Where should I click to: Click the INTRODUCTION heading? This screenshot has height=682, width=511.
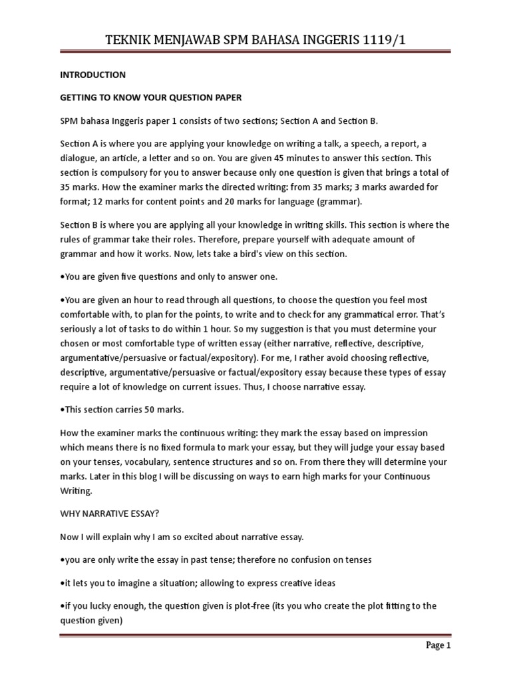click(92, 75)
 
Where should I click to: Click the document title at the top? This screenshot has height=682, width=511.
click(255, 41)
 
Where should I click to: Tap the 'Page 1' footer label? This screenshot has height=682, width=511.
click(437, 645)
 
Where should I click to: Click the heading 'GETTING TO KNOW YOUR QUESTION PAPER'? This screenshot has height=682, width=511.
click(150, 97)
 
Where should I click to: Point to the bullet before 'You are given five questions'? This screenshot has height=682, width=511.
click(62, 277)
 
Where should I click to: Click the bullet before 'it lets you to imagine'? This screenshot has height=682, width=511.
click(62, 583)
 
